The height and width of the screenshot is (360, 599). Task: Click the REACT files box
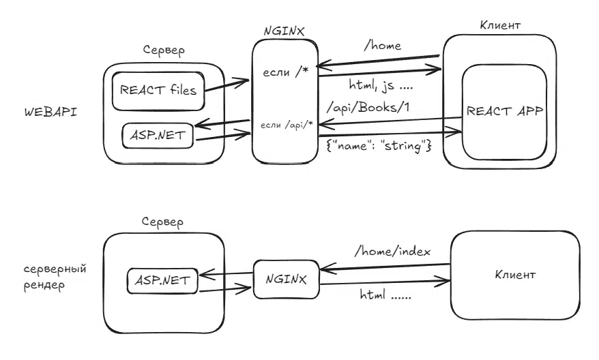(x=158, y=91)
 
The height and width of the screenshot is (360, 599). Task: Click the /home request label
(x=382, y=46)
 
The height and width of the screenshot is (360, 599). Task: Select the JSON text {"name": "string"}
(x=379, y=145)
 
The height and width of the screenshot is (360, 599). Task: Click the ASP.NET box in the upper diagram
(x=158, y=134)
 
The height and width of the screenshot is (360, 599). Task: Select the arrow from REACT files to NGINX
(x=227, y=85)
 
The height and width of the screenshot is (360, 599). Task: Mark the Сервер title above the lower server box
(x=164, y=222)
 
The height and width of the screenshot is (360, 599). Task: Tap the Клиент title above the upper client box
(x=501, y=25)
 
